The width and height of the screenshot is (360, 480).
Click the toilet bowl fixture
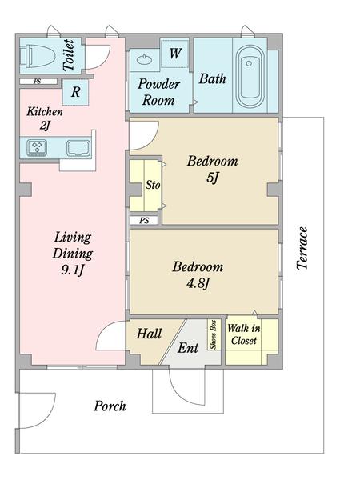point(37,56)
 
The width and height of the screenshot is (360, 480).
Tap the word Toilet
point(69,55)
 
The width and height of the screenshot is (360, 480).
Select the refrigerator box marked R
point(76,92)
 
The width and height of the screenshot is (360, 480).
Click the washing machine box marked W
point(174,54)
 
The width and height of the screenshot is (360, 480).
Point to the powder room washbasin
point(144,59)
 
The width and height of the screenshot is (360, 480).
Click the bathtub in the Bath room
point(250,77)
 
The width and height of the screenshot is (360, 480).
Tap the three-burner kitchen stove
point(37,148)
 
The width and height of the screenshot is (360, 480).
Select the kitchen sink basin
point(78,149)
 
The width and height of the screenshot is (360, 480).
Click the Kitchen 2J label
point(45,118)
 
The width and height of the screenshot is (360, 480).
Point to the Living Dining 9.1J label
point(73,254)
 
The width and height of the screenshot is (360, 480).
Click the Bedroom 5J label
point(213,169)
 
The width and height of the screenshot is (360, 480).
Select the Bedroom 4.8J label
point(198,274)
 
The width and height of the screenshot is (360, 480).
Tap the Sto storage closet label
point(153,185)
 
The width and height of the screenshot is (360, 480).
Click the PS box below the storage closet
point(144,221)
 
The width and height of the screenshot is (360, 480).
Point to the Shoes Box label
point(214,334)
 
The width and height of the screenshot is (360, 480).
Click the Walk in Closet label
point(244,334)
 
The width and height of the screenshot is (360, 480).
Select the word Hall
point(149,334)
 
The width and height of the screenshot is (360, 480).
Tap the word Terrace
point(302,248)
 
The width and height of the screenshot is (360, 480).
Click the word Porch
point(110,406)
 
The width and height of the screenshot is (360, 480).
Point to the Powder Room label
point(158,92)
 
